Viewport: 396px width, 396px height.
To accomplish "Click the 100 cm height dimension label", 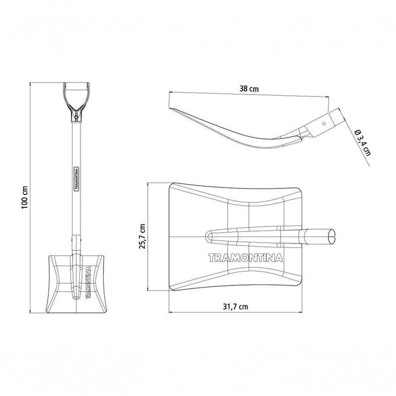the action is (24, 197).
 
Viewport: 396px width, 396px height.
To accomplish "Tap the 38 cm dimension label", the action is (249, 89).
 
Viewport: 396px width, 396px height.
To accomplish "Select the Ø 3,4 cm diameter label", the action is (362, 143).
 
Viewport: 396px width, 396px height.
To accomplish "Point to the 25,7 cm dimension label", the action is (143, 236).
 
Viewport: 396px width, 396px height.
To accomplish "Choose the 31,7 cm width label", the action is (235, 307).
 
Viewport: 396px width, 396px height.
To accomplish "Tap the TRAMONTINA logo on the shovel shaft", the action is (76, 179).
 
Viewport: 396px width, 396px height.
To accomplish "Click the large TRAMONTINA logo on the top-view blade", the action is (246, 258).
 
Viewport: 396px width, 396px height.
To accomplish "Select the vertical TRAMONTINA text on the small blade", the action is (88, 282).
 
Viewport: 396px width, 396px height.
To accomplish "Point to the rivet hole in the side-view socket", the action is (324, 124).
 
